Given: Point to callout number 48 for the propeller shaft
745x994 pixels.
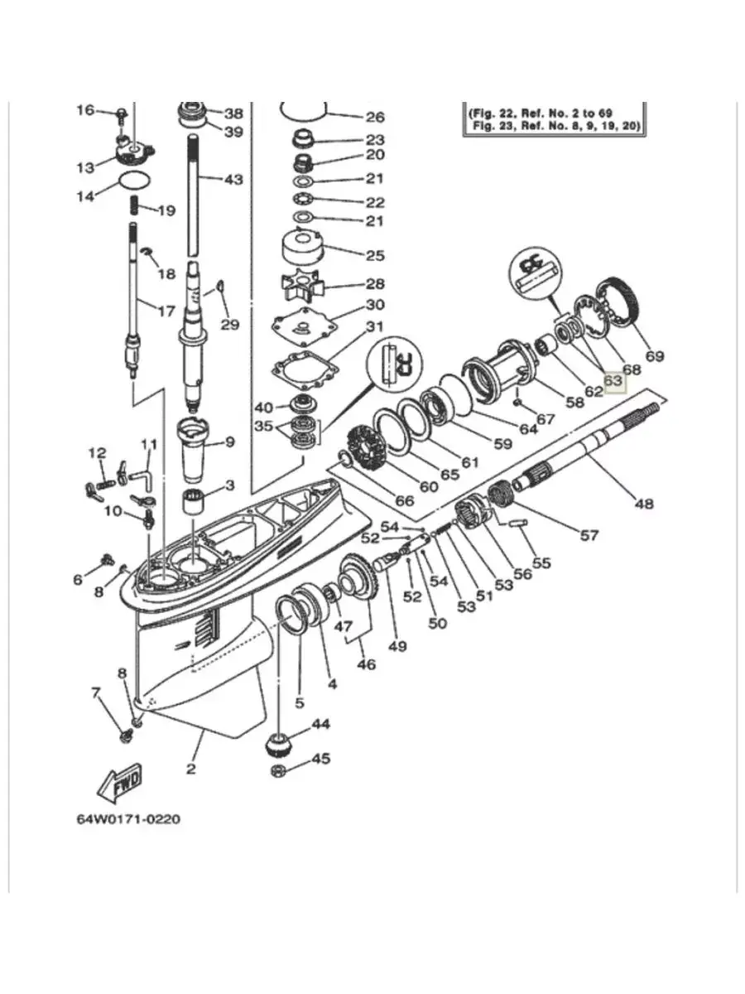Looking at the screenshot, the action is coord(644,504).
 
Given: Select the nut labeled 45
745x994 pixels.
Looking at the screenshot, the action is coord(279,770).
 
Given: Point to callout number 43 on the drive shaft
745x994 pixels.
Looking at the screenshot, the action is coord(234,179).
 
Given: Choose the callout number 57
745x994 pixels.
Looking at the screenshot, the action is coord(589,536).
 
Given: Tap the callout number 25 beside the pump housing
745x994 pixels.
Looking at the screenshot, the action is coord(375,255).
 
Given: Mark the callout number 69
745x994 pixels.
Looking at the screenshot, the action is coord(655,356).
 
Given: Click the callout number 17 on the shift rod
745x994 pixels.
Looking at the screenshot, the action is coord(166,311).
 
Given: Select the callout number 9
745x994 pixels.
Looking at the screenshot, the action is coord(230,442).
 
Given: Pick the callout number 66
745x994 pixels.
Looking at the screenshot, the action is coord(405,501).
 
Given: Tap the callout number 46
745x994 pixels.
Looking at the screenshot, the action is coord(367,664).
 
